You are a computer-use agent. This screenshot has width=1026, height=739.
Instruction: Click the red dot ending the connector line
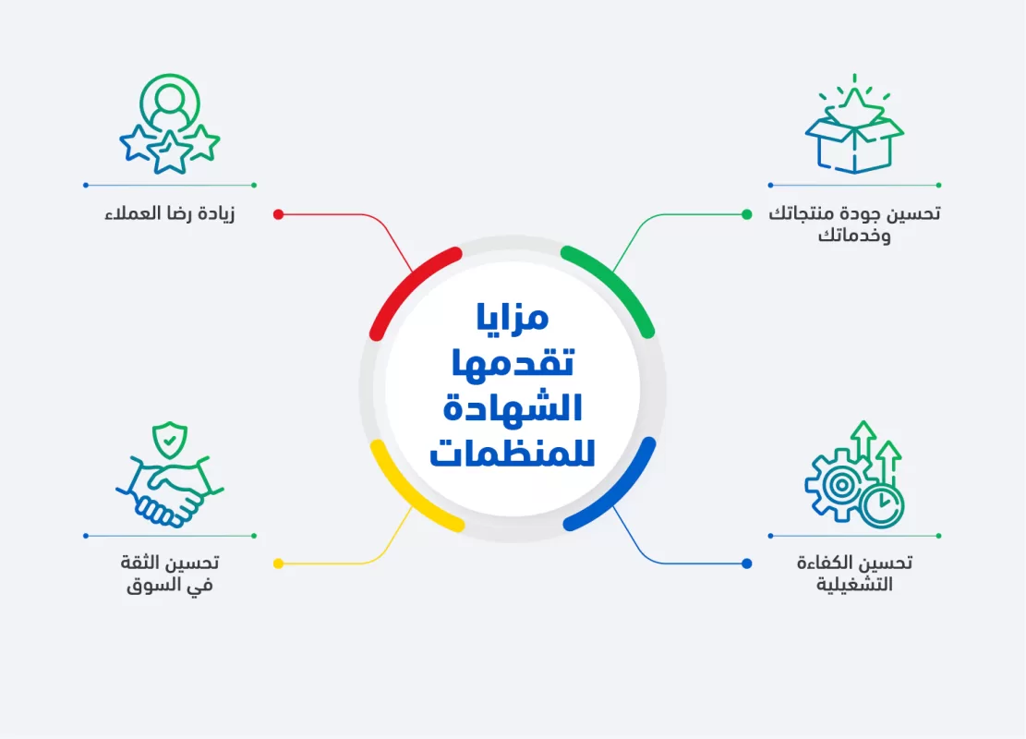click(278, 214)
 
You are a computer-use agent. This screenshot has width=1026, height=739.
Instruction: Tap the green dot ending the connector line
click(746, 214)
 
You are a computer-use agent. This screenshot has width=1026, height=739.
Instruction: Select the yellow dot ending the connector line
click(278, 563)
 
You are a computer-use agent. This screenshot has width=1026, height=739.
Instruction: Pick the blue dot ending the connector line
click(746, 563)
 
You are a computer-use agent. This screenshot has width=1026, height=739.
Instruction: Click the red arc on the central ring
click(406, 282)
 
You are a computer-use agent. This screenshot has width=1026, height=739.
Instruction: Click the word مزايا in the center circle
click(513, 318)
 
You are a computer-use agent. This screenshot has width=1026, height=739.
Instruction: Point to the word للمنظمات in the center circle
click(513, 452)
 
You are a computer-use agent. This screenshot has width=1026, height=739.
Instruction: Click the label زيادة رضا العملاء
click(170, 214)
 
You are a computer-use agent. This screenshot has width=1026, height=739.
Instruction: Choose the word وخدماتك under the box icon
click(854, 236)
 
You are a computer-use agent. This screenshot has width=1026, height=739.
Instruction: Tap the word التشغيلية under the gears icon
click(854, 586)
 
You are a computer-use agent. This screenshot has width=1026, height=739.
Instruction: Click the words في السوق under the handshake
click(170, 586)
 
